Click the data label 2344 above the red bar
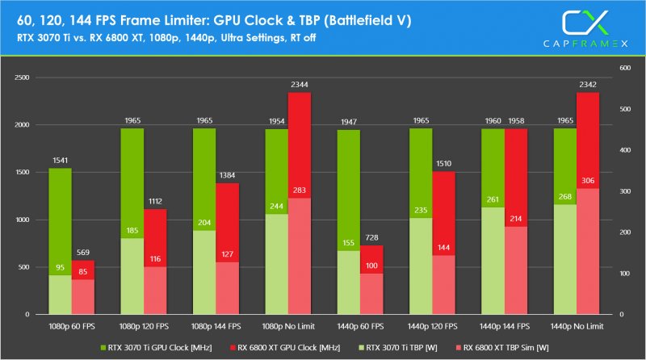pyautogui.click(x=300, y=84)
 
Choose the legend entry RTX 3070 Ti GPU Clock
pyautogui.click(x=149, y=348)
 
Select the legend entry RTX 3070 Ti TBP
pyautogui.click(x=396, y=348)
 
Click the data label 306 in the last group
pyautogui.click(x=588, y=203)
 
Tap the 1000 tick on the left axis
pyautogui.click(x=22, y=220)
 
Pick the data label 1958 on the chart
pyautogui.click(x=516, y=120)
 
